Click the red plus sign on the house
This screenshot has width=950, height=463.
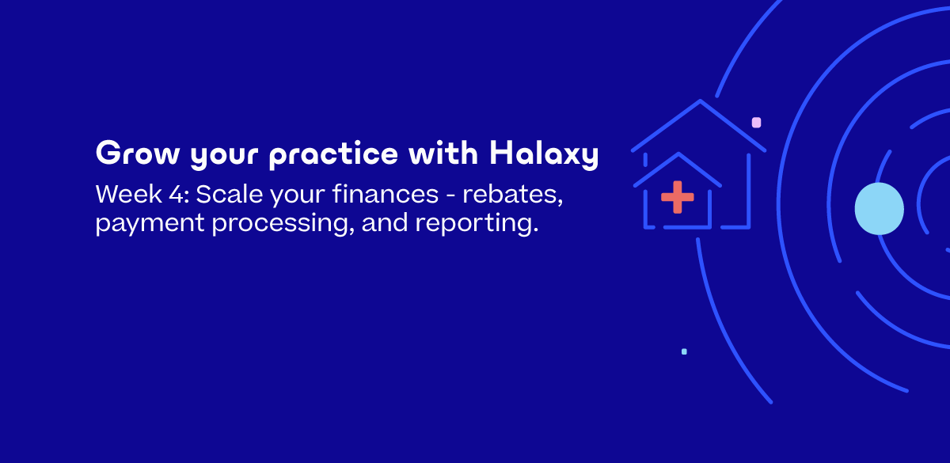tap(677, 197)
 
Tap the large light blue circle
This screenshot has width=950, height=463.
tap(879, 209)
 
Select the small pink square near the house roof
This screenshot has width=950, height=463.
tap(756, 123)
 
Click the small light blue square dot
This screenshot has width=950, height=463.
tap(684, 351)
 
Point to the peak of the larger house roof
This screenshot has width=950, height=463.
tap(700, 101)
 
